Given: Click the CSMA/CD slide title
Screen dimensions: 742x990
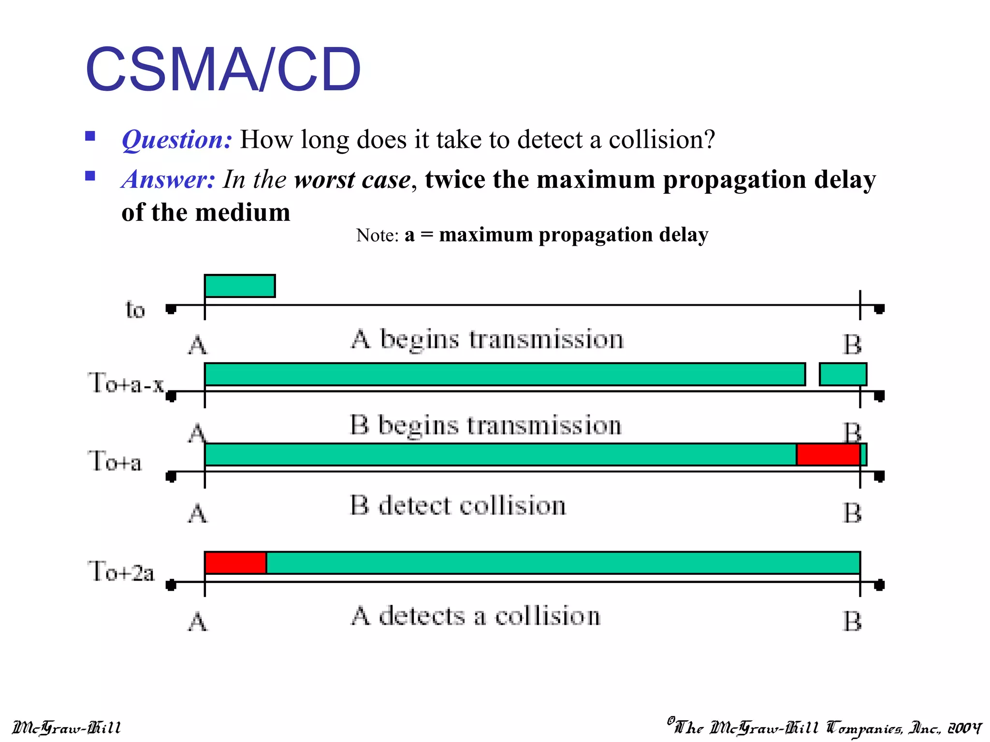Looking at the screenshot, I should [223, 70].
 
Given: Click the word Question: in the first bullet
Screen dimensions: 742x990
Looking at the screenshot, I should [177, 140].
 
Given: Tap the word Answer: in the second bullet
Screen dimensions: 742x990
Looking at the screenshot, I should [168, 179].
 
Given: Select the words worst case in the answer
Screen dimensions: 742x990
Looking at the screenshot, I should [352, 180].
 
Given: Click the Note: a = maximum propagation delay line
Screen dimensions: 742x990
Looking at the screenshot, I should [532, 235].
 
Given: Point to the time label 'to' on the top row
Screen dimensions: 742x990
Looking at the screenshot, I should [135, 310].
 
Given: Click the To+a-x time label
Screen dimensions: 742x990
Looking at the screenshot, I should [126, 383].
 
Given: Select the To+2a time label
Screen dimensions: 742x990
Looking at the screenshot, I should [121, 571].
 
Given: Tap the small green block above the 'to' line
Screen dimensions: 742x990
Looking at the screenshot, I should [240, 286].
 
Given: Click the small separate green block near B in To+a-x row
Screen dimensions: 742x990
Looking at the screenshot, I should [843, 374].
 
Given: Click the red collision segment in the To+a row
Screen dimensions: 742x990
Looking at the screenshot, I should [828, 455].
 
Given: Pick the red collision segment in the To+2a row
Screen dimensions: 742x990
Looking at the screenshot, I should [235, 563].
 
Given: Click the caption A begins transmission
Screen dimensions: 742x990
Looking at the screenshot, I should [487, 339].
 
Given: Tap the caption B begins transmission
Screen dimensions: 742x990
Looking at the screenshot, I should [485, 426].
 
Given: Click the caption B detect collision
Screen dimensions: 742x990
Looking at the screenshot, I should [457, 506].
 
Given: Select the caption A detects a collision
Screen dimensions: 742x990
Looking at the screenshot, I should [475, 616].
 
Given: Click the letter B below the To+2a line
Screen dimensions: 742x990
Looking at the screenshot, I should [852, 622].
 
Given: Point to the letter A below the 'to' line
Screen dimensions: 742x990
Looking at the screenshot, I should [197, 345].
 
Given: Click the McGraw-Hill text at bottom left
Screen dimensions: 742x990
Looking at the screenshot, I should [66, 728].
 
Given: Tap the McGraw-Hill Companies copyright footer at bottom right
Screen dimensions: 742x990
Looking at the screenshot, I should [824, 727].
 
